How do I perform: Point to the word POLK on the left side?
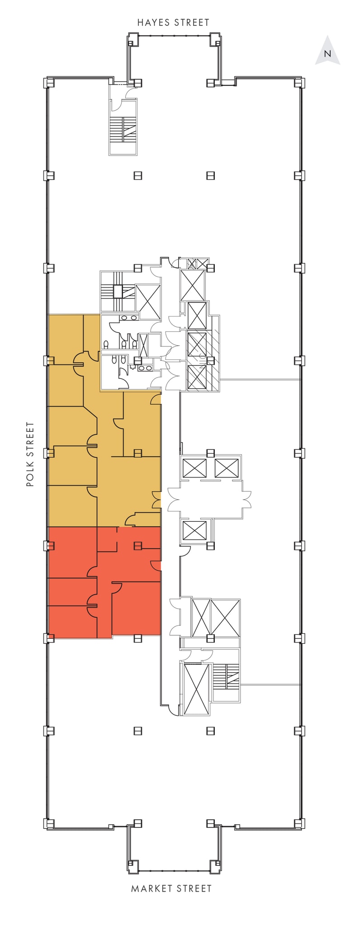coord(30,475)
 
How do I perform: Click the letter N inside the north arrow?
coord(328,53)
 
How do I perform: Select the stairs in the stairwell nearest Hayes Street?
coord(123,130)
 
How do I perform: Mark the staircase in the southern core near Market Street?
coord(227,676)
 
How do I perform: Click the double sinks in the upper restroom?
coord(129,318)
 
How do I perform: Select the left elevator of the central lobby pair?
coord(194,468)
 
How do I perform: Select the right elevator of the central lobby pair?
coord(226,468)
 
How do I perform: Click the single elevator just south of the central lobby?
coord(194,530)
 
